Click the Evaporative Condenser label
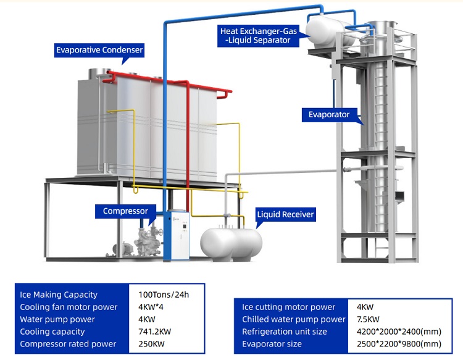(x=99, y=50)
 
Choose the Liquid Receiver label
(x=285, y=214)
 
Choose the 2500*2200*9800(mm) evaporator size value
(x=399, y=344)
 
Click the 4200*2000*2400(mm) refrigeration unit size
(x=399, y=332)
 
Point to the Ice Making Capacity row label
(x=59, y=295)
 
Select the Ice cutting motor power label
(x=289, y=307)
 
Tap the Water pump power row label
(x=57, y=319)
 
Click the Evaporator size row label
(x=272, y=344)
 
